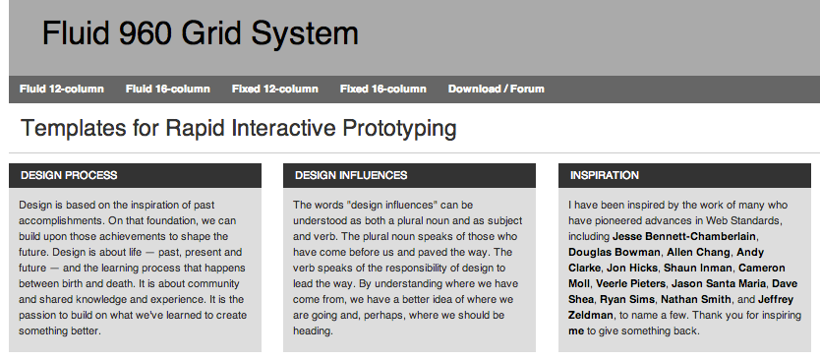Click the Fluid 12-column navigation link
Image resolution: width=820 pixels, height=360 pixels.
(x=61, y=90)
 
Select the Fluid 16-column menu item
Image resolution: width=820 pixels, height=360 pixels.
(x=167, y=90)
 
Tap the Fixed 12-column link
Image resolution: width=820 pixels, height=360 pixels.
(x=274, y=90)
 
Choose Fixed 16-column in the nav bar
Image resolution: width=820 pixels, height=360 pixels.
(x=382, y=90)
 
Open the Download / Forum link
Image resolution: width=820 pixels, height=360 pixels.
(x=496, y=90)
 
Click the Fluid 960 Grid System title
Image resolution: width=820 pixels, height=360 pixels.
(x=200, y=34)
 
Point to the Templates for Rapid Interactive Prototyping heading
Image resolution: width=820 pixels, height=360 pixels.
(x=238, y=129)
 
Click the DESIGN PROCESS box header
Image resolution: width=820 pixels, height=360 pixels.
(x=69, y=175)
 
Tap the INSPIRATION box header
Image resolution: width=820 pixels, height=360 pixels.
(x=605, y=175)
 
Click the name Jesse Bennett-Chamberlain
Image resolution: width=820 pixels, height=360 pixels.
(x=684, y=236)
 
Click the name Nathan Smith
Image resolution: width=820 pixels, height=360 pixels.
(x=696, y=299)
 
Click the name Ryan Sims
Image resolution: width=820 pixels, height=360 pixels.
(x=626, y=299)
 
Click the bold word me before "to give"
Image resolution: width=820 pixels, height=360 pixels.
(x=576, y=330)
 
